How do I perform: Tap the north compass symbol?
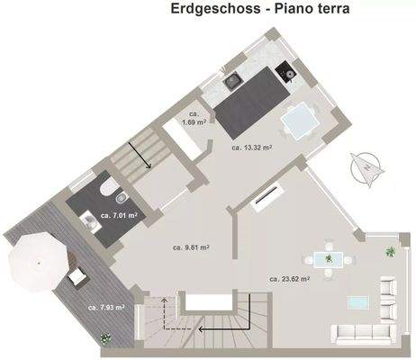click(x=367, y=166)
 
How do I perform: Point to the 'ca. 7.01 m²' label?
click(x=118, y=216)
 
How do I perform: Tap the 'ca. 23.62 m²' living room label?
click(x=289, y=279)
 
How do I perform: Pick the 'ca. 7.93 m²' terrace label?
click(x=105, y=308)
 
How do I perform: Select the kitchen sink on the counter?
click(x=234, y=79)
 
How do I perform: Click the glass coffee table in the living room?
click(x=365, y=301)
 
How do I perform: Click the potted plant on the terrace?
click(x=106, y=338)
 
